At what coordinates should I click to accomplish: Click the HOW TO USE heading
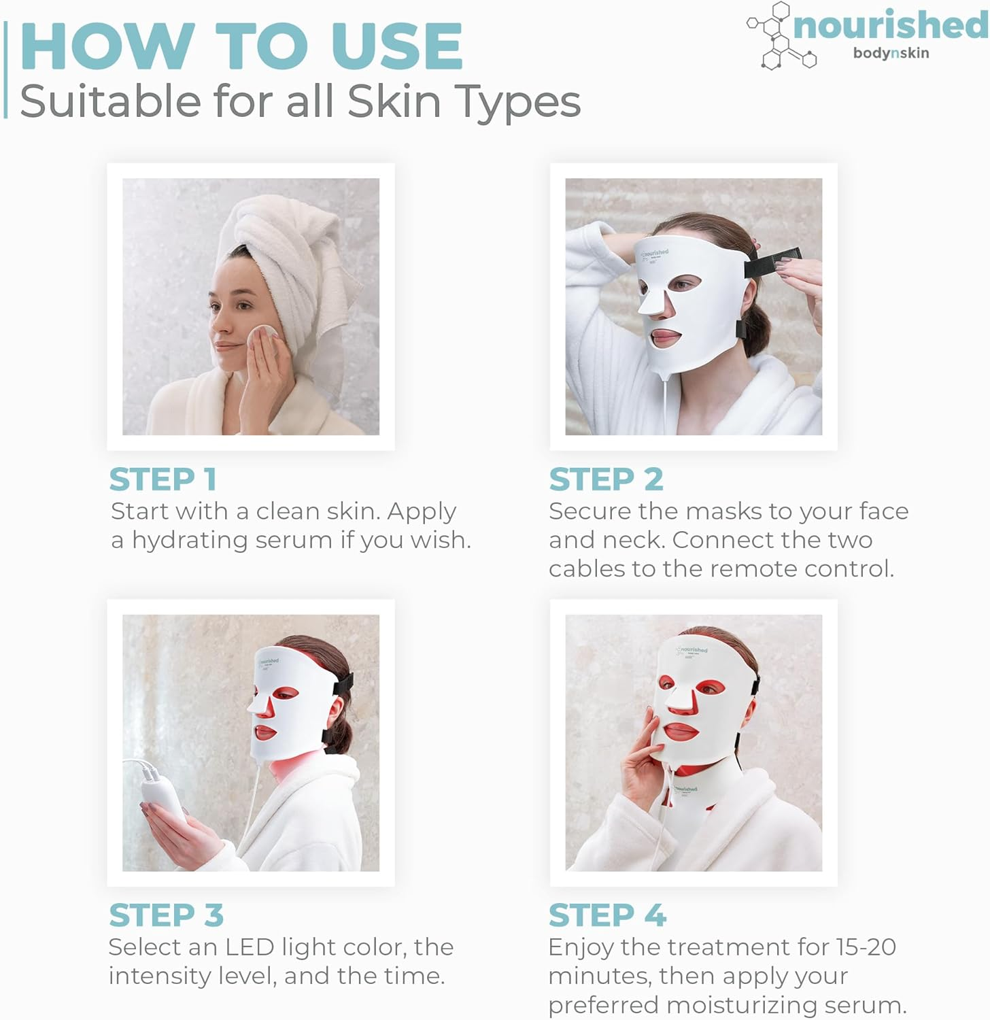(241, 46)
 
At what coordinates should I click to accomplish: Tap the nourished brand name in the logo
(890, 26)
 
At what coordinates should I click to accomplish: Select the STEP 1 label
(163, 479)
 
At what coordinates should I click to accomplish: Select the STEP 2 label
(606, 479)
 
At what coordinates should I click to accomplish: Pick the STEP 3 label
(167, 915)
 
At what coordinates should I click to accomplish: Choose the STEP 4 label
(607, 915)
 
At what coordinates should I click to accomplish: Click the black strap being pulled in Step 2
(773, 262)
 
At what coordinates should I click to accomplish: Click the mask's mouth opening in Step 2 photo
(664, 337)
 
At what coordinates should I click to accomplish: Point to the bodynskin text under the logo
(891, 53)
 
